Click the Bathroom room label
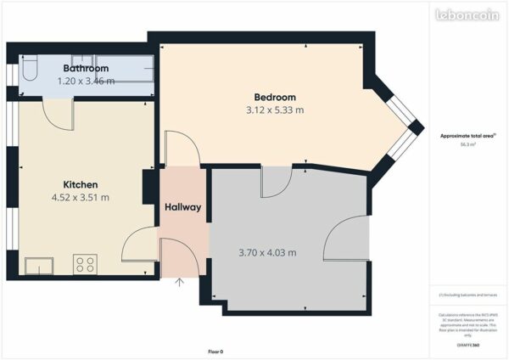(x=86, y=68)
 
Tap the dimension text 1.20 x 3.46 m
(x=86, y=81)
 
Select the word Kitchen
(x=81, y=184)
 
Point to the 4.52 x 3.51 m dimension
(x=81, y=197)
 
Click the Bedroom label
(x=275, y=96)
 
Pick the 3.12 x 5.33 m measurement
(x=275, y=110)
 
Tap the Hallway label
(x=182, y=208)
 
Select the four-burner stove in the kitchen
(x=85, y=264)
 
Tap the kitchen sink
(x=38, y=267)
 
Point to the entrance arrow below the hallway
(x=179, y=282)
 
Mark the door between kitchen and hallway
(x=140, y=246)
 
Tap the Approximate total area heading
(x=467, y=136)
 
